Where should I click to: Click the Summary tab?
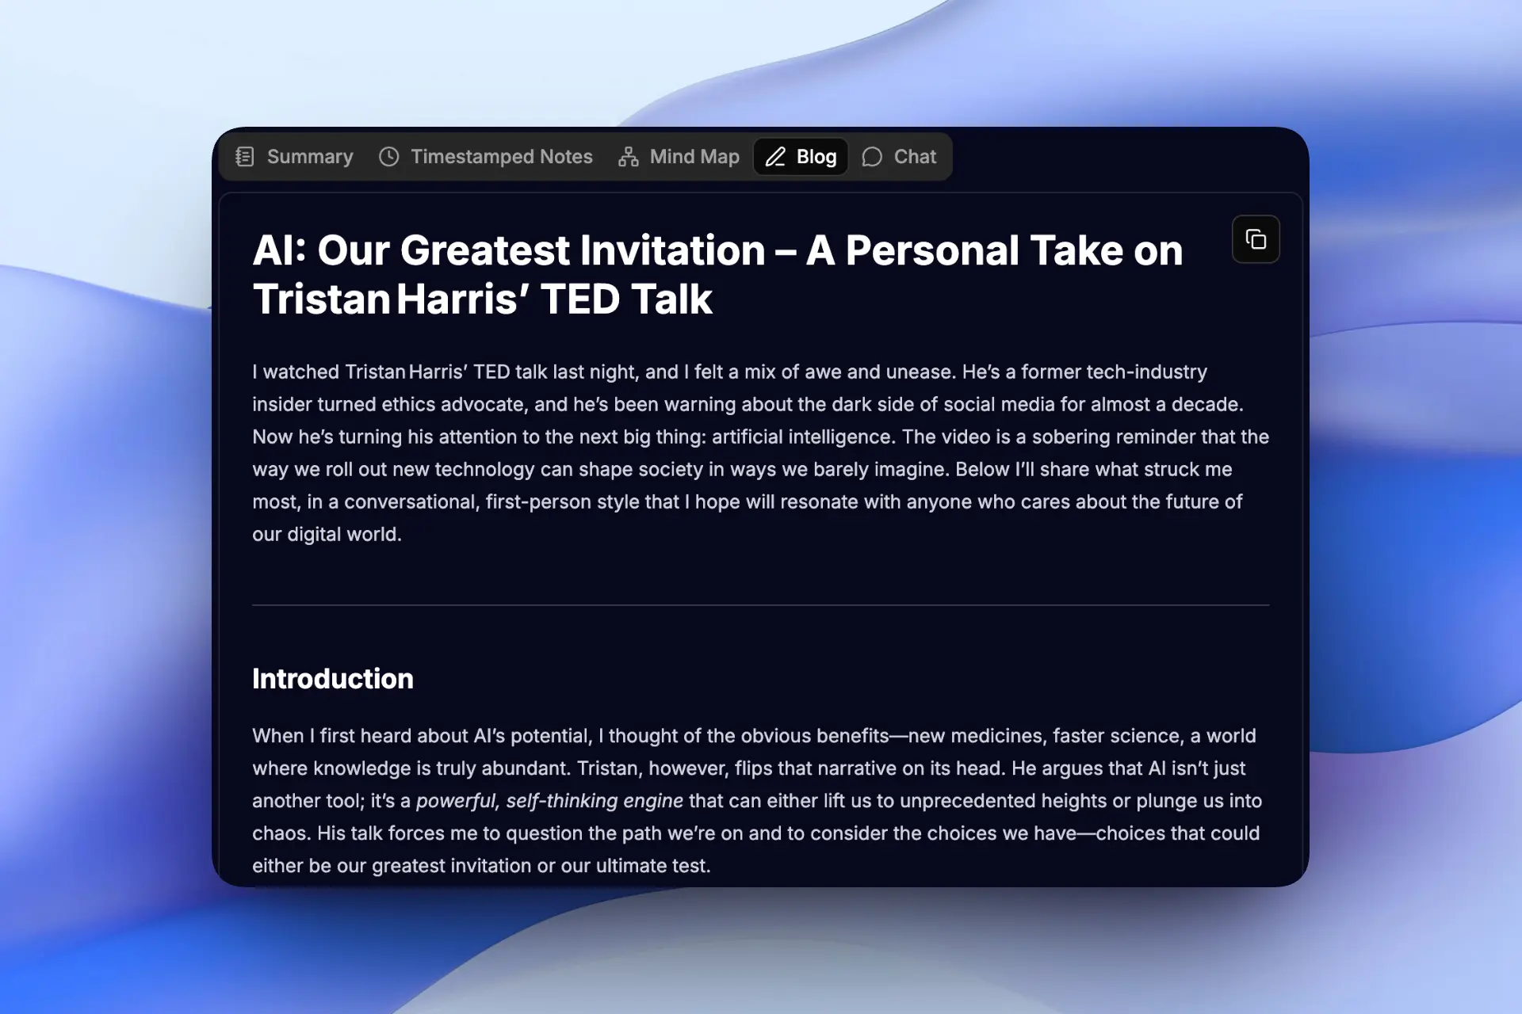(294, 157)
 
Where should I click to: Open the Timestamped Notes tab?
(485, 157)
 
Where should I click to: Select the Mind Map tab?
(679, 157)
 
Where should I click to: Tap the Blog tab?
(801, 157)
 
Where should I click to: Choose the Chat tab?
(899, 157)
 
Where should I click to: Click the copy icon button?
(1256, 239)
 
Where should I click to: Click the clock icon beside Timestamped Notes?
(388, 157)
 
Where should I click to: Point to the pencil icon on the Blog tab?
(775, 157)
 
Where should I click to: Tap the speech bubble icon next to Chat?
(872, 157)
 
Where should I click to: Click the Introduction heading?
(333, 679)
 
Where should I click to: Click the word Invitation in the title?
(673, 250)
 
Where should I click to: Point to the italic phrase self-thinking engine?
(595, 801)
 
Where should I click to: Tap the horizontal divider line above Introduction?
(761, 605)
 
